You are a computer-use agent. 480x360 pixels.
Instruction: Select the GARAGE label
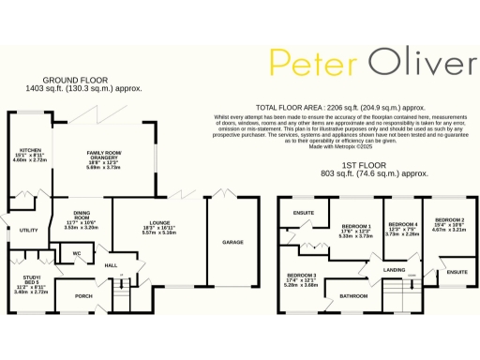click(233, 242)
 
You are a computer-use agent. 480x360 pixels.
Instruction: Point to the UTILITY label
click(28, 230)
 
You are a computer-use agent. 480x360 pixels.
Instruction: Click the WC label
click(78, 253)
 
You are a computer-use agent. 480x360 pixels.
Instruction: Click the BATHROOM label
click(353, 295)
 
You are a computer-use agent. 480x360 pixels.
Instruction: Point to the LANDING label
click(394, 270)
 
